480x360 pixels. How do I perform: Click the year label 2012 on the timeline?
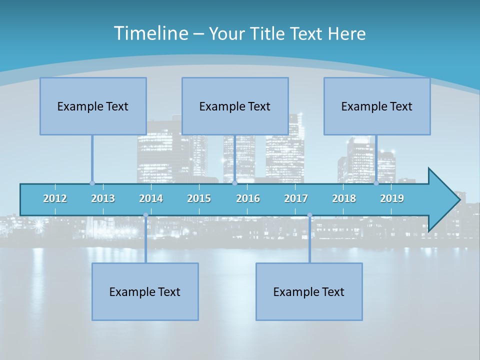click(x=55, y=198)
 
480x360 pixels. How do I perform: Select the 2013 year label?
click(x=103, y=198)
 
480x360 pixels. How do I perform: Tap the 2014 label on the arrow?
click(x=151, y=198)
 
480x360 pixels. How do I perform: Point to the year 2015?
click(x=199, y=198)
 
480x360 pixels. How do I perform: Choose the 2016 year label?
click(x=248, y=198)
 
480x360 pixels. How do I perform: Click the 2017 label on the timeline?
click(x=296, y=198)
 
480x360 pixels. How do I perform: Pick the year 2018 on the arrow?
click(x=344, y=198)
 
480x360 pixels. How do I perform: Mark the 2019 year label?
click(x=392, y=198)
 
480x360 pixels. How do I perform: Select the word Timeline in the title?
click(x=150, y=33)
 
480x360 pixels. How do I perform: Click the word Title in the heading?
click(x=267, y=33)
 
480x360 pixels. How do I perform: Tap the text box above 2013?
click(x=93, y=106)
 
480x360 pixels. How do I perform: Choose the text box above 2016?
click(x=235, y=106)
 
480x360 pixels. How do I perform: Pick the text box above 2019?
click(x=377, y=106)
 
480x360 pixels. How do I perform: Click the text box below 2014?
click(x=145, y=291)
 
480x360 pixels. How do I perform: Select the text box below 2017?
click(x=309, y=291)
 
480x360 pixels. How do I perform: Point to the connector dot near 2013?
click(x=92, y=183)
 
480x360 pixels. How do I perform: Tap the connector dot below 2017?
click(x=309, y=215)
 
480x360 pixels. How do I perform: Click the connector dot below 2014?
click(x=145, y=215)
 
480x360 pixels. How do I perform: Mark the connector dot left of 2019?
click(x=376, y=183)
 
